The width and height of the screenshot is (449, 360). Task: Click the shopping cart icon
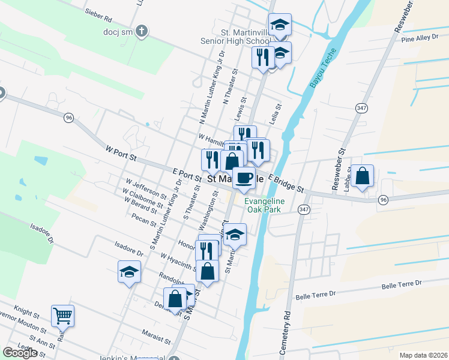tap(62, 314)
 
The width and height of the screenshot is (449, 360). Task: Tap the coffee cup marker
tap(244, 178)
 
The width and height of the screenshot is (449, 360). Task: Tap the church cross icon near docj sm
tap(142, 31)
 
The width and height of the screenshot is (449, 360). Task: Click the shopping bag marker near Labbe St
tap(363, 176)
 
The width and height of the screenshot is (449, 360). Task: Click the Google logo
tap(20, 353)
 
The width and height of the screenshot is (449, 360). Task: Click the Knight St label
tap(27, 313)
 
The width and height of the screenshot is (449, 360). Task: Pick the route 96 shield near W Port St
tap(70, 118)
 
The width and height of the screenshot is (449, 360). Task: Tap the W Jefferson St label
tap(146, 187)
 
